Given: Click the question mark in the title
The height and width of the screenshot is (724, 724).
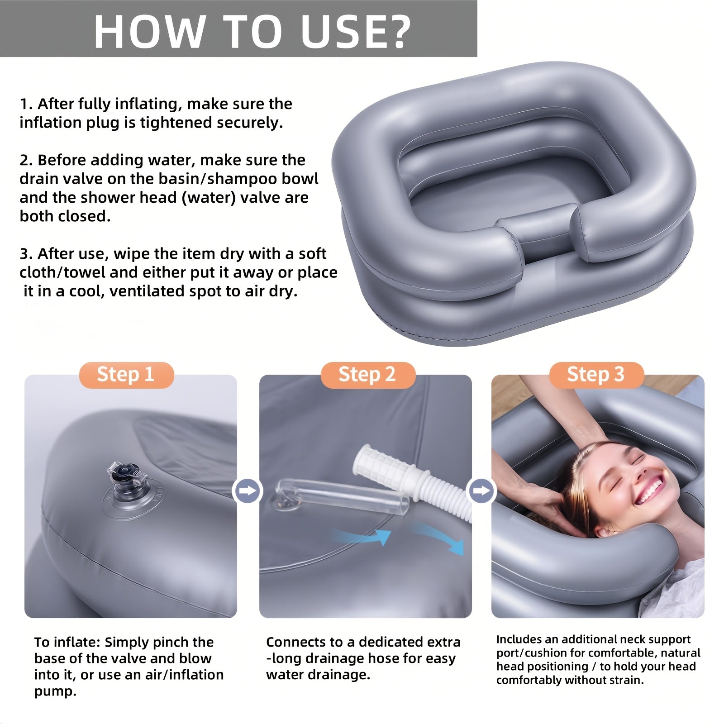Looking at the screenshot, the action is click(x=395, y=32).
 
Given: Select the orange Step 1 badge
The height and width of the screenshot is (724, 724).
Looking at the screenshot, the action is click(x=126, y=375).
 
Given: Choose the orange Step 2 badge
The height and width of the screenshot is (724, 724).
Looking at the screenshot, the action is click(x=367, y=375).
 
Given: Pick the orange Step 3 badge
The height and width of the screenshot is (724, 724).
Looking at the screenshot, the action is click(x=596, y=375).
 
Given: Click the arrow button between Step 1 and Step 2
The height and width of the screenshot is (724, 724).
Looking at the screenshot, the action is click(x=248, y=491).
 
